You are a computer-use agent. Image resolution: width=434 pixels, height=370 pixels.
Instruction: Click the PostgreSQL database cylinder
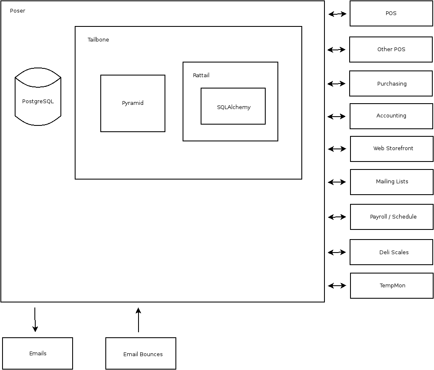pyautogui.click(x=38, y=101)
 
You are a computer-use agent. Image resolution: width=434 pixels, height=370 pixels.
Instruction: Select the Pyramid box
pyautogui.click(x=133, y=103)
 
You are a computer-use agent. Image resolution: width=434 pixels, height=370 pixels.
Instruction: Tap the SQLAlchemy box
pyautogui.click(x=233, y=107)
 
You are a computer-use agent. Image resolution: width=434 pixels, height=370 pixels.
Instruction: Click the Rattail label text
pyautogui.click(x=201, y=76)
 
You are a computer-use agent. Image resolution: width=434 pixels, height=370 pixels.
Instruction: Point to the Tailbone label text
pyautogui.click(x=98, y=40)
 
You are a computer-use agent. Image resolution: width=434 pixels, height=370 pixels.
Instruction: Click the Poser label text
pyautogui.click(x=18, y=11)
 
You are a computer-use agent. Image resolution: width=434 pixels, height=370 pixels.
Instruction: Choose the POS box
pyautogui.click(x=391, y=13)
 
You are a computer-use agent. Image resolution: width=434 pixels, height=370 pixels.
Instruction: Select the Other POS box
pyautogui.click(x=391, y=50)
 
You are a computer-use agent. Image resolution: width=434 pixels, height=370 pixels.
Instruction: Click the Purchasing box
pyautogui.click(x=391, y=84)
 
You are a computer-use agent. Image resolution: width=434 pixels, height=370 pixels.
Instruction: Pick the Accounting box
pyautogui.click(x=391, y=116)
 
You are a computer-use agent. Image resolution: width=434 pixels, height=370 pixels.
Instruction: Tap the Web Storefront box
pyautogui.click(x=392, y=149)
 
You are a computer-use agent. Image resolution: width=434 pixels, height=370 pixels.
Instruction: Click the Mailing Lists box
pyautogui.click(x=392, y=182)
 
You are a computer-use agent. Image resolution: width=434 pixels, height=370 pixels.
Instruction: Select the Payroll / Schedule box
pyautogui.click(x=392, y=217)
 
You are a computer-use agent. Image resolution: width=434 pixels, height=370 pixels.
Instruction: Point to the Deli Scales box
pyautogui.click(x=391, y=252)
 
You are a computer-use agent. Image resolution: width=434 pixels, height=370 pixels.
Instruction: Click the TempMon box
pyautogui.click(x=392, y=286)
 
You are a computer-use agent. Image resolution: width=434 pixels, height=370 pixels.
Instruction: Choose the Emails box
pyautogui.click(x=38, y=354)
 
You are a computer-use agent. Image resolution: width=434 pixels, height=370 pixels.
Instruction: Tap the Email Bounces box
pyautogui.click(x=141, y=354)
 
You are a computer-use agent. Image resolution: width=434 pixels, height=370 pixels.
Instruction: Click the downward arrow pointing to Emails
pyautogui.click(x=35, y=320)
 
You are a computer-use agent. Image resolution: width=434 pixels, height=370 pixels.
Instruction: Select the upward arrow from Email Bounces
pyautogui.click(x=138, y=320)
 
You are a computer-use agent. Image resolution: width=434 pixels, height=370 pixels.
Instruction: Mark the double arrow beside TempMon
pyautogui.click(x=337, y=286)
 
